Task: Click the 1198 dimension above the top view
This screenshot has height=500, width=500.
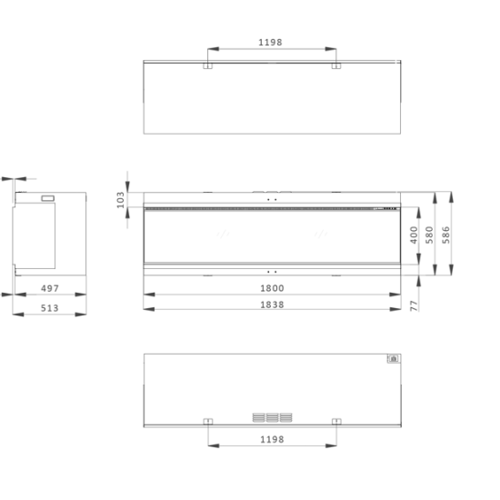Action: pyautogui.click(x=270, y=43)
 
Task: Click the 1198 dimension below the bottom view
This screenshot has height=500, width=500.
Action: pyautogui.click(x=272, y=440)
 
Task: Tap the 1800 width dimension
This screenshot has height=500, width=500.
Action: pyautogui.click(x=272, y=288)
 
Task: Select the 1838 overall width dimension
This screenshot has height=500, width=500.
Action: pyautogui.click(x=272, y=305)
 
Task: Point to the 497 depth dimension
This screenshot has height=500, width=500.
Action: pyautogui.click(x=50, y=288)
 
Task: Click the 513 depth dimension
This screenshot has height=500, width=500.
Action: pyautogui.click(x=50, y=308)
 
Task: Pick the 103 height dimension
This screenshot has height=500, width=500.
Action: pyautogui.click(x=121, y=200)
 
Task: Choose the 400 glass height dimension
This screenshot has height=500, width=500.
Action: pyautogui.click(x=414, y=235)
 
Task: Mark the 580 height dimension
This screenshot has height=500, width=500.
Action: pyautogui.click(x=430, y=235)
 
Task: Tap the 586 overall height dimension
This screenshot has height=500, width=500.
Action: pyautogui.click(x=446, y=235)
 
